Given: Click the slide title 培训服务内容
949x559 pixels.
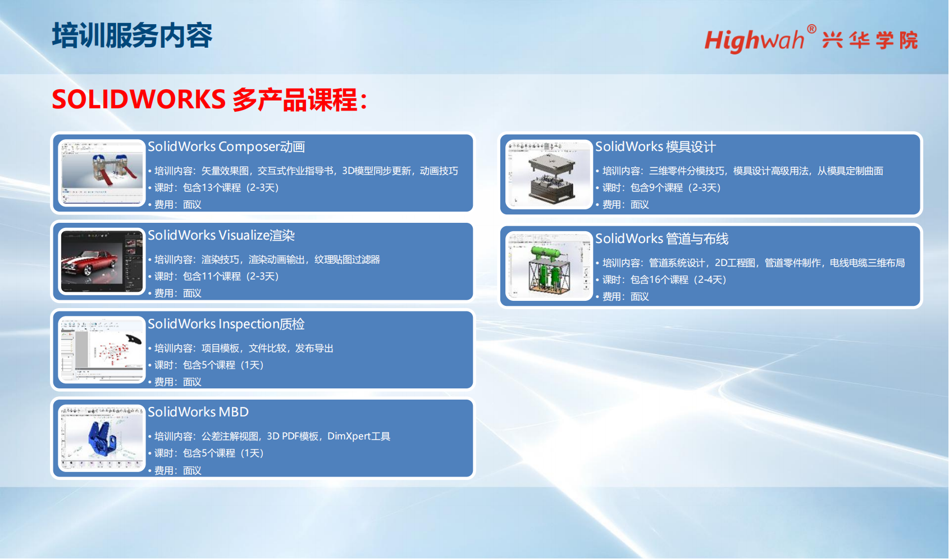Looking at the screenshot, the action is click(132, 35).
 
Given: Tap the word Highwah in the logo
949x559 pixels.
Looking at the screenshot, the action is click(754, 41).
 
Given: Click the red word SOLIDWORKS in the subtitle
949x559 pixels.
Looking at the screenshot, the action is click(139, 99).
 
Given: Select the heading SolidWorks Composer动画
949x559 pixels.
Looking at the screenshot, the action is click(226, 146).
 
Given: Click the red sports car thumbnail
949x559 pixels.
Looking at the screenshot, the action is click(102, 262).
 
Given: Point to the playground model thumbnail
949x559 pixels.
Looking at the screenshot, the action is click(102, 173).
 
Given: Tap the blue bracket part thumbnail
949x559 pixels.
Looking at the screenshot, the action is click(102, 438).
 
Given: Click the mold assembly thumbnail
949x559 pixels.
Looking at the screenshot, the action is click(549, 175).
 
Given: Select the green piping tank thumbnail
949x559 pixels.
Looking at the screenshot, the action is click(549, 266).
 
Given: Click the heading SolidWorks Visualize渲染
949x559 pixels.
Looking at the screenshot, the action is click(221, 235).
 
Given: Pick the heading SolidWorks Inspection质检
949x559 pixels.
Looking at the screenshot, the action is click(226, 324).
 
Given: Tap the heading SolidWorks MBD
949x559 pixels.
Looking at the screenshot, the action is click(198, 411).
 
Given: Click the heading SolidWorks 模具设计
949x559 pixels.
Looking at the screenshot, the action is click(655, 146).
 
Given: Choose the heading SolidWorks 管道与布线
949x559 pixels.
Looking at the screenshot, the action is click(661, 239).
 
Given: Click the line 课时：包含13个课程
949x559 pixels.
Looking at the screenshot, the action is click(217, 187).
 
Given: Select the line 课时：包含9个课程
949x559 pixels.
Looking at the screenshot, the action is click(661, 187).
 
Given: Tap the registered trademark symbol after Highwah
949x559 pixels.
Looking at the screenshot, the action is click(811, 29).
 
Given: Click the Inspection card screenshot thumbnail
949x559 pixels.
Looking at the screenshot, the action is click(102, 350).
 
